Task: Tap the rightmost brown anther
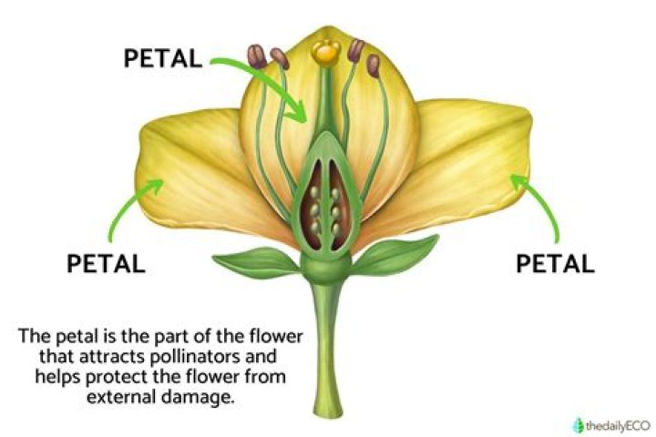(373, 65)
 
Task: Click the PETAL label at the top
(162, 56)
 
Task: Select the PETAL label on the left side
(106, 263)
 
